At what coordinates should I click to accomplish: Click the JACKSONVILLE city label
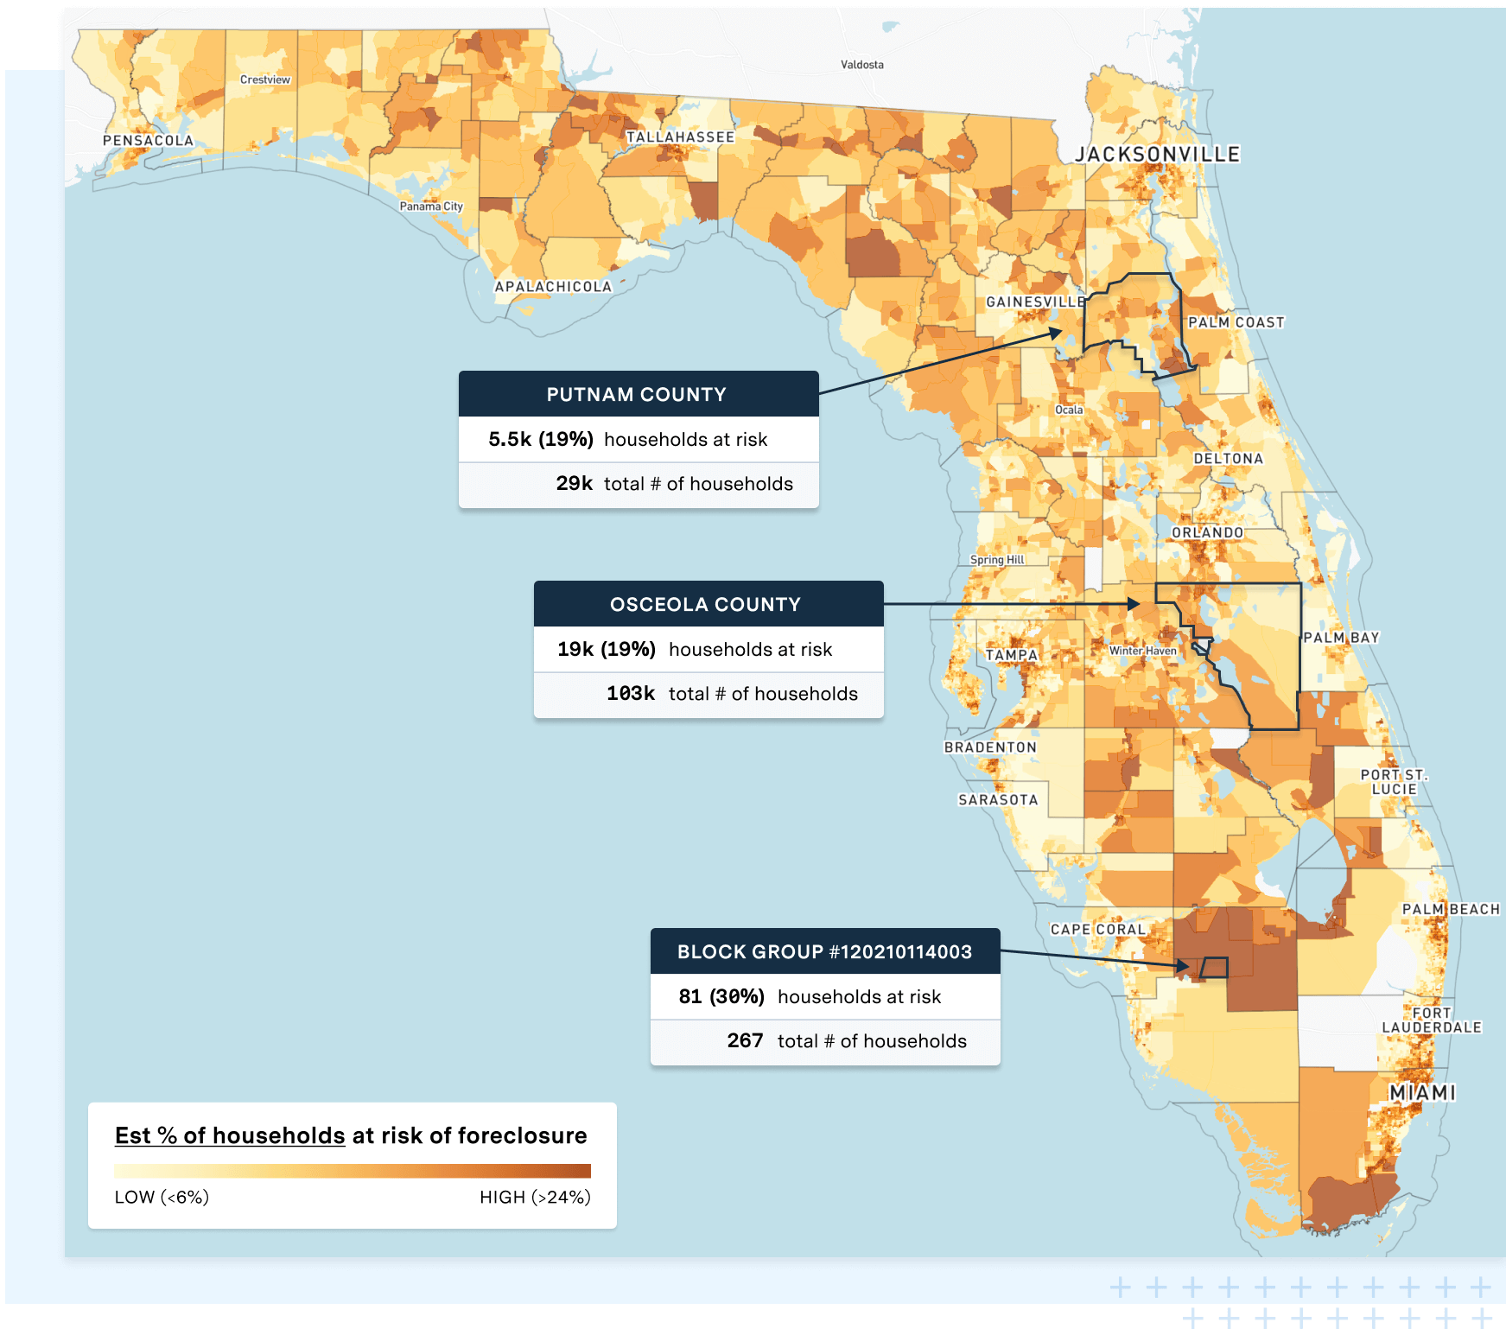[1157, 155]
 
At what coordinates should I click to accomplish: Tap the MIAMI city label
[1422, 1093]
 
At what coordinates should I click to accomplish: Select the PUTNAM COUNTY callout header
[638, 395]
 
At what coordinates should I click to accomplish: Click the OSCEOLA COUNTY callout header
[706, 605]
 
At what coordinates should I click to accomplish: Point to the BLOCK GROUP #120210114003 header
[824, 952]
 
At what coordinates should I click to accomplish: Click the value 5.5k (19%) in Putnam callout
[541, 439]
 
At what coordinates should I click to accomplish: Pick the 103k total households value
[631, 694]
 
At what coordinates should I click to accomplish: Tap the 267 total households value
[745, 1041]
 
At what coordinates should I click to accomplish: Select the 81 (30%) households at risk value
[721, 997]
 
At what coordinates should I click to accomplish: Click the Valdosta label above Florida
[861, 65]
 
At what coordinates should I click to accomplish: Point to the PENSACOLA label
[148, 141]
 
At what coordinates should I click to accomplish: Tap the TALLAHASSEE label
[680, 137]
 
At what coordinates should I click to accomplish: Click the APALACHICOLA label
[553, 287]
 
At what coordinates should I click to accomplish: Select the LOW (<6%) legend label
[162, 1198]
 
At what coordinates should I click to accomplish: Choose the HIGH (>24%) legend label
[535, 1198]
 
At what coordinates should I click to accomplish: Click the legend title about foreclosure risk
[351, 1135]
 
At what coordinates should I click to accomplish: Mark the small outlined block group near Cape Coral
[1214, 968]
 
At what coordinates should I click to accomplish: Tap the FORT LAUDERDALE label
[1431, 1020]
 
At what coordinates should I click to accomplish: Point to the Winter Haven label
[1142, 651]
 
